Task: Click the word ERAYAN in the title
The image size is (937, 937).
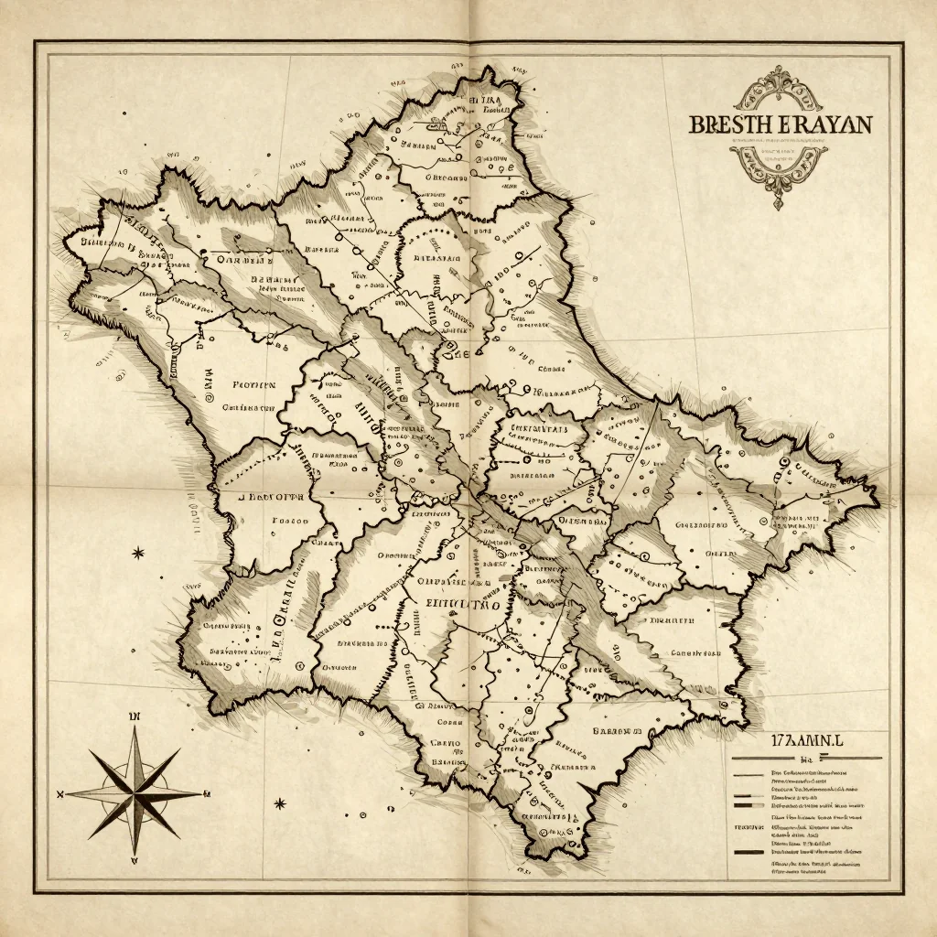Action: pos(824,124)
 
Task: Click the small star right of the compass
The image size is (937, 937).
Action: pos(280,803)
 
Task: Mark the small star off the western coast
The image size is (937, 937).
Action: pos(138,553)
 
